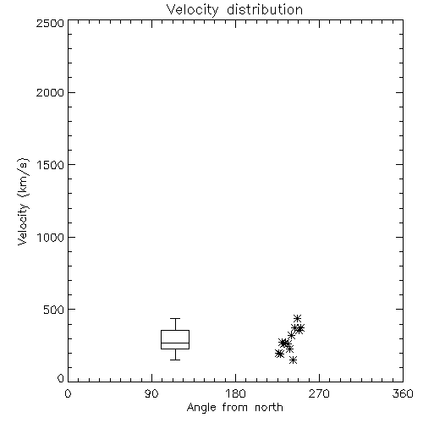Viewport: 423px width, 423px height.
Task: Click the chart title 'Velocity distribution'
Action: click(234, 10)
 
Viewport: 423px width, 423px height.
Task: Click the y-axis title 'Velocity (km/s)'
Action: click(23, 201)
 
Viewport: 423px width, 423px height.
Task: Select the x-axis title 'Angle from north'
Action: click(235, 408)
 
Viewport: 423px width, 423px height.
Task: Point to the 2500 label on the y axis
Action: click(50, 23)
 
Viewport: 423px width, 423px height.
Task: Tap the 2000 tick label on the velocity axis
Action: click(50, 92)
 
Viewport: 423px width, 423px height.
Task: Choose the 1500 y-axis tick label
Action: click(51, 165)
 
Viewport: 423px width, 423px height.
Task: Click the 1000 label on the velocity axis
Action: click(51, 237)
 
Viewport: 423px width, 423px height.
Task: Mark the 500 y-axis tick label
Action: click(54, 310)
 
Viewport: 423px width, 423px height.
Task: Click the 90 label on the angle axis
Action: click(151, 393)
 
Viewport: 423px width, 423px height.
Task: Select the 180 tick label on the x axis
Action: click(235, 393)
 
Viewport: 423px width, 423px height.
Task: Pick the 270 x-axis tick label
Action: click(319, 393)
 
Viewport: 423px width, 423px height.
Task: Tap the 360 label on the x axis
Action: click(403, 393)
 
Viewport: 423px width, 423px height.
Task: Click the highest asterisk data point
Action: click(297, 319)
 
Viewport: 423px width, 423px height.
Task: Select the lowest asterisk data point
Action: click(293, 360)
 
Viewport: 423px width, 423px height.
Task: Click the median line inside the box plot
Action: click(175, 343)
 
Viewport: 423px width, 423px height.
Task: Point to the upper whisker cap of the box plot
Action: click(175, 319)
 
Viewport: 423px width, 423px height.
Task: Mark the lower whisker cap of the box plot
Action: click(175, 360)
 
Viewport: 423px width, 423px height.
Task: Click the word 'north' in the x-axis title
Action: click(269, 408)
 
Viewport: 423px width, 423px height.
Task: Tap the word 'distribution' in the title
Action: click(265, 10)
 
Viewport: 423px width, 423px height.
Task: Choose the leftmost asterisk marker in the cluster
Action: click(278, 354)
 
